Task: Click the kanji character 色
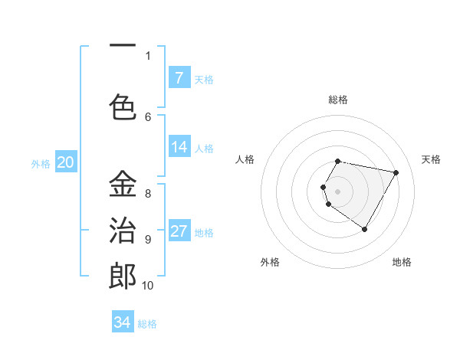pos(123,104)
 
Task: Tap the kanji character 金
pos(123,184)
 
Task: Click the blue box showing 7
pos(179,78)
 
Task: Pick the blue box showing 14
pos(179,147)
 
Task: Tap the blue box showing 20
pos(65,162)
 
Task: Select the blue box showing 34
pos(122,322)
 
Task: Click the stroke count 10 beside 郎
pos(147,286)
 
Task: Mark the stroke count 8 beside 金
pos(148,193)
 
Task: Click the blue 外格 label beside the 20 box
pos(40,163)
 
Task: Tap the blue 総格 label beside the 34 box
pos(147,323)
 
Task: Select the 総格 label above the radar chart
pos(338,100)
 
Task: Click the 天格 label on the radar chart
pos(431,159)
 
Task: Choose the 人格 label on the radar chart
pos(245,159)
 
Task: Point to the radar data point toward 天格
pos(396,172)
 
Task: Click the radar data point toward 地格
pos(365,229)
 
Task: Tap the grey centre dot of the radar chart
pos(337,190)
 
